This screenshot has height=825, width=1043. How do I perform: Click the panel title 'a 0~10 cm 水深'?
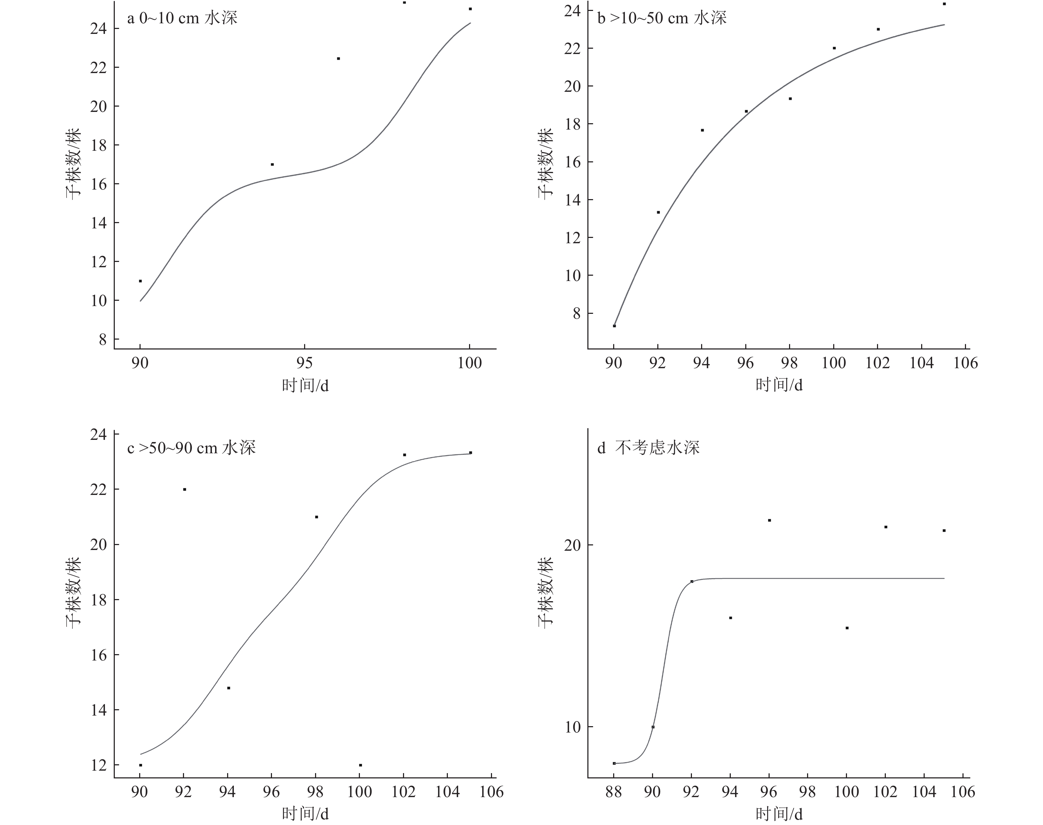click(x=182, y=18)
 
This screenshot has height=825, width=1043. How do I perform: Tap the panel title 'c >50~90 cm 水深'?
click(x=191, y=448)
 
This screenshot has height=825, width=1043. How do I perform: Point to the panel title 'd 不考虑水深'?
click(x=648, y=448)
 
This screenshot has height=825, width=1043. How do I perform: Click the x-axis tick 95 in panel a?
click(x=304, y=363)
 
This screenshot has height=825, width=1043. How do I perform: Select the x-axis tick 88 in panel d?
click(x=614, y=792)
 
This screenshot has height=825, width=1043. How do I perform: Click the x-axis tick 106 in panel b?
click(x=965, y=363)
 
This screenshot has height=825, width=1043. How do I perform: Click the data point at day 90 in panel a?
click(x=140, y=281)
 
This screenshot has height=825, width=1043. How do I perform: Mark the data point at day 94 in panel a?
click(x=272, y=165)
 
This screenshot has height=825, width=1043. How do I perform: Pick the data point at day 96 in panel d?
click(x=769, y=520)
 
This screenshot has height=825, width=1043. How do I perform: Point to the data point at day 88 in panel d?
click(x=614, y=763)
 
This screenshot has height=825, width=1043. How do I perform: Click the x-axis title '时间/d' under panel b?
click(x=778, y=385)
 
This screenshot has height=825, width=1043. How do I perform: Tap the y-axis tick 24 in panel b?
click(x=573, y=11)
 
